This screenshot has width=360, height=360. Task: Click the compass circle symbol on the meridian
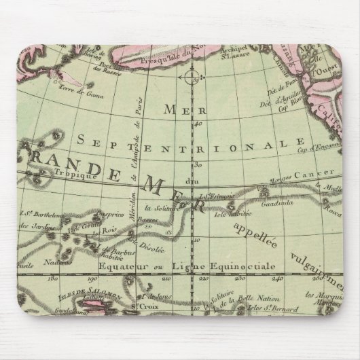tap(193, 77)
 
